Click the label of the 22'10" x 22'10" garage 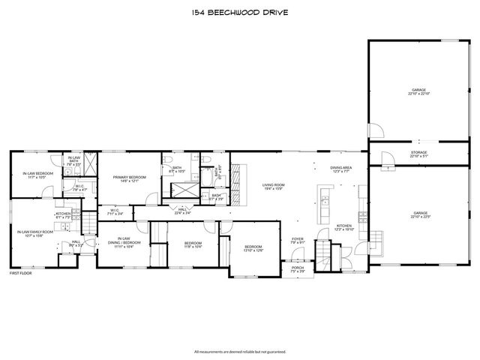[419, 91]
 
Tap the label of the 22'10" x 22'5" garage [419, 215]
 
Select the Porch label [298, 268]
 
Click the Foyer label [298, 240]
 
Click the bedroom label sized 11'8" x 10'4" [193, 244]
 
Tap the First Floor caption [20, 273]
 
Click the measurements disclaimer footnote [239, 351]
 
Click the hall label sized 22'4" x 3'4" [182, 211]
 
